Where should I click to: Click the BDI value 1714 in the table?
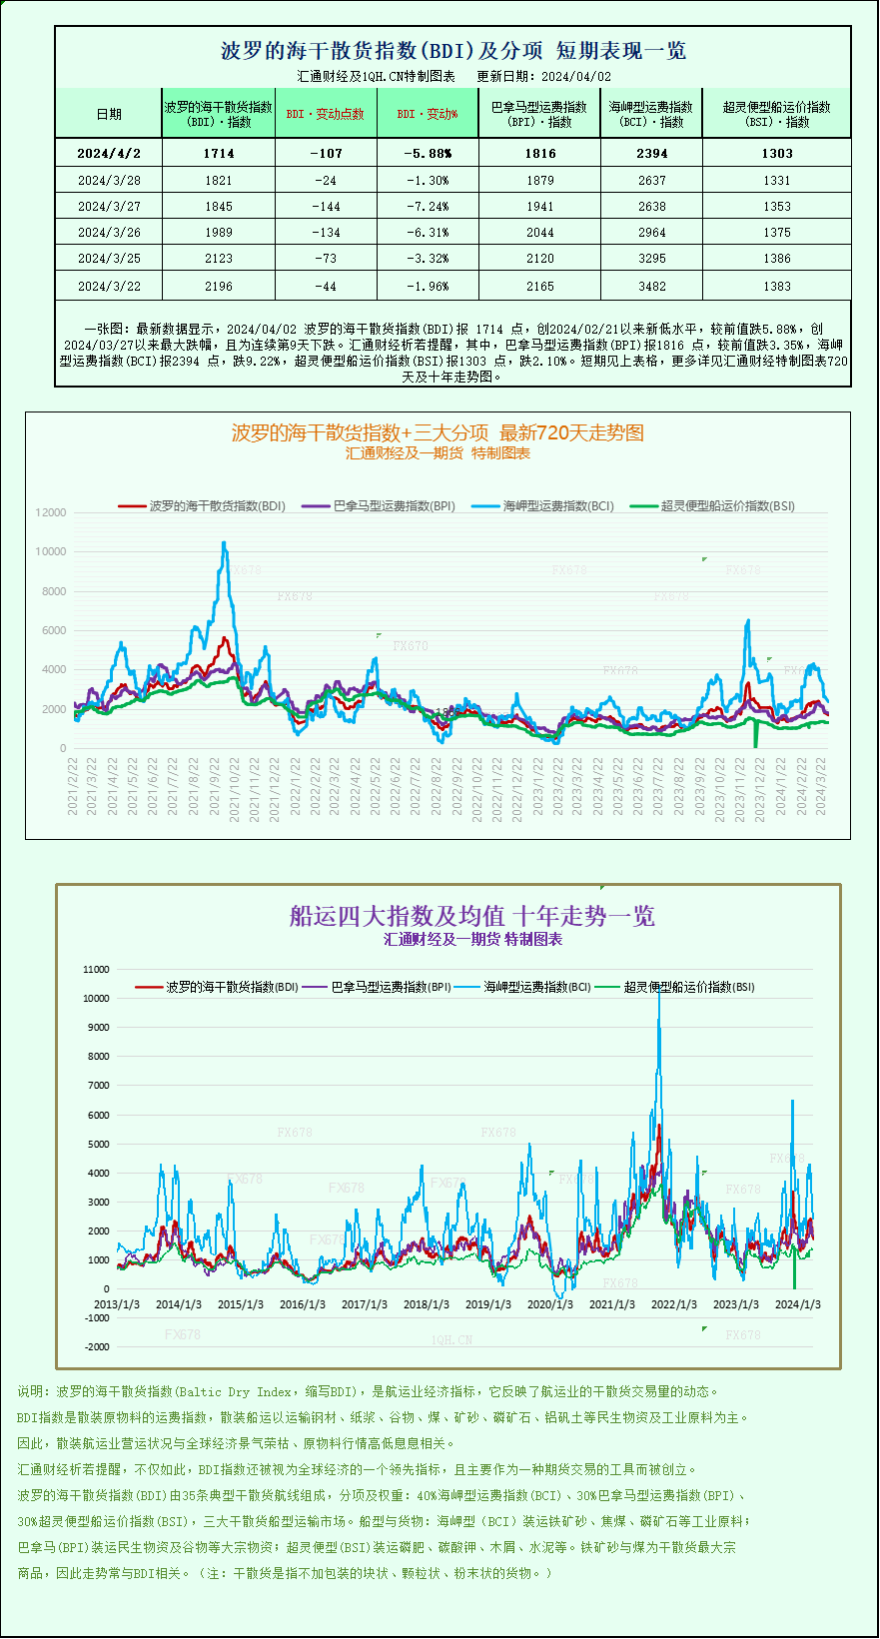coord(218,153)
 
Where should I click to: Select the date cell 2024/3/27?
coord(109,207)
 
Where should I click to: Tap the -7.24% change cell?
coord(427,207)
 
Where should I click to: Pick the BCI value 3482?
coord(651,287)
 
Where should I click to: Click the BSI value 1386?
coord(776,259)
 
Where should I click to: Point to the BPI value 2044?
coord(539,233)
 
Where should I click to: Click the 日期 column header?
coord(109,114)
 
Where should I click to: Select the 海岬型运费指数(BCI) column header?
coord(651,114)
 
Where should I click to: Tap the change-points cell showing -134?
coord(326,233)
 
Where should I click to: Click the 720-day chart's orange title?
coord(438,432)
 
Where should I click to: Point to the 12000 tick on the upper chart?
coord(51,512)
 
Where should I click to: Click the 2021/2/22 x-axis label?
coord(73,786)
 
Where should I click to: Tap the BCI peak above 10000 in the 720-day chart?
coord(224,544)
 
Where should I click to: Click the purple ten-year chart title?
coord(471,916)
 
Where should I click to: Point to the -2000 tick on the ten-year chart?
coord(97,1347)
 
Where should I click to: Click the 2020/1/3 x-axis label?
coord(550,1304)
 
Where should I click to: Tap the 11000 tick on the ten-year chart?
coord(97,970)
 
